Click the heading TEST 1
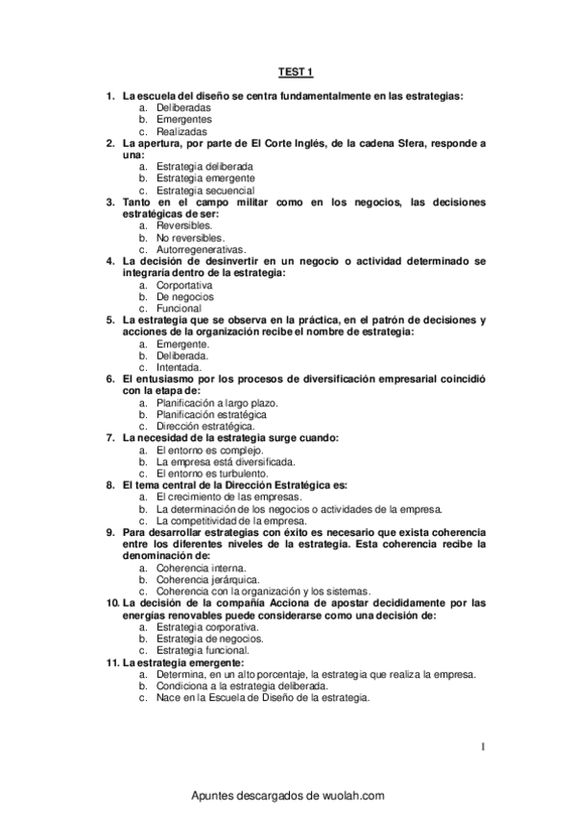(296, 72)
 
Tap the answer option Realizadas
(181, 131)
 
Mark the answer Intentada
(179, 367)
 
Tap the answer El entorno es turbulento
(211, 473)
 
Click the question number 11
(112, 662)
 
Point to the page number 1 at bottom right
(484, 745)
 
